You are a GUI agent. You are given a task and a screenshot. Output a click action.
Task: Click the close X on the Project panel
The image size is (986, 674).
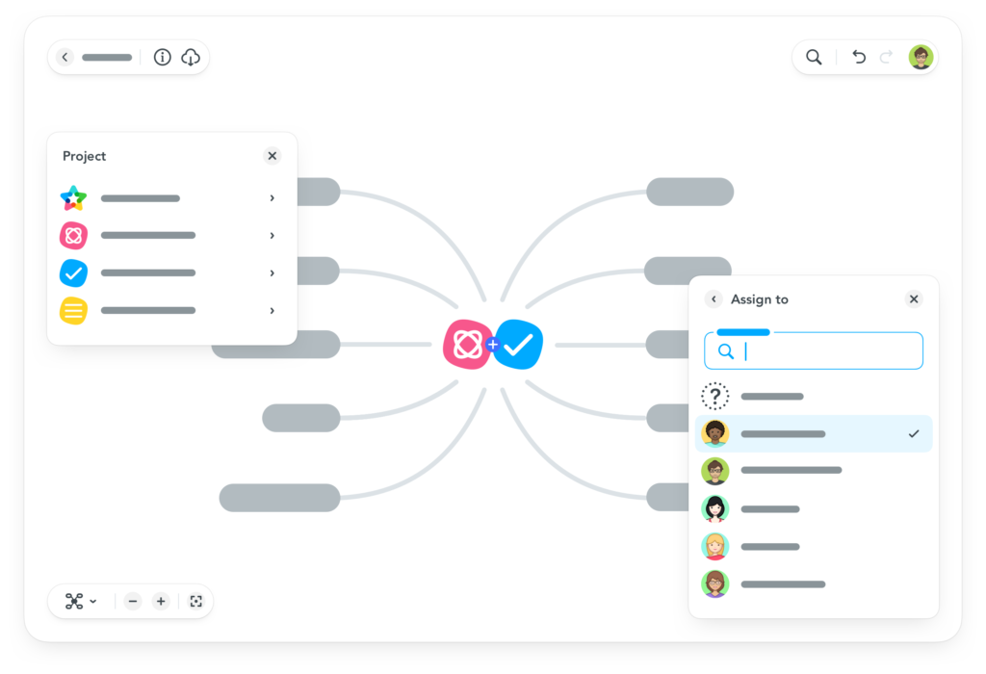(272, 155)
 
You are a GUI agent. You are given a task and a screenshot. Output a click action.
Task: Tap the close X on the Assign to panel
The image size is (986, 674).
(914, 298)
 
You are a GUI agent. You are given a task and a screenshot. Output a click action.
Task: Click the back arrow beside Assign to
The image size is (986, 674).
(714, 298)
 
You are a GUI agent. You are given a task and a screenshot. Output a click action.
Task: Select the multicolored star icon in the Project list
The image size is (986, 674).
(73, 198)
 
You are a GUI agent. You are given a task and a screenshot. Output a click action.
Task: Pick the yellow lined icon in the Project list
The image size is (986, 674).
(73, 311)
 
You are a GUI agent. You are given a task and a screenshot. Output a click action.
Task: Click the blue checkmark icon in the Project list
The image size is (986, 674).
(73, 272)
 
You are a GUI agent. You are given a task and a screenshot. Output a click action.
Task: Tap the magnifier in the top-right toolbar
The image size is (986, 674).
(814, 57)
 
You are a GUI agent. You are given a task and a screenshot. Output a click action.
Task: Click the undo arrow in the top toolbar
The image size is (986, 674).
(859, 57)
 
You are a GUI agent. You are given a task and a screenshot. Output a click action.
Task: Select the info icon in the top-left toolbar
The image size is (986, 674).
(162, 57)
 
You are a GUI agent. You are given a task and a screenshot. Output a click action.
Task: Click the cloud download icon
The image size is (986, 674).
(191, 57)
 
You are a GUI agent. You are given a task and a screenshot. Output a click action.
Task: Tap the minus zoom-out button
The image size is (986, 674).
(133, 601)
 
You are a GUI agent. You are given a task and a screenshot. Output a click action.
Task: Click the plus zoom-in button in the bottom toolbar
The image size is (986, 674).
(161, 601)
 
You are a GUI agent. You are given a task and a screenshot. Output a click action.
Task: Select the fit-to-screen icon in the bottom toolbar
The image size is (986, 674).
(196, 601)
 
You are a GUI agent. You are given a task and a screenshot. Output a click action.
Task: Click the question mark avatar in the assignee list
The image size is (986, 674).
(715, 396)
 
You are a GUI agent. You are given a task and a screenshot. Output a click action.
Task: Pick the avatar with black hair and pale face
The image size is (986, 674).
(715, 508)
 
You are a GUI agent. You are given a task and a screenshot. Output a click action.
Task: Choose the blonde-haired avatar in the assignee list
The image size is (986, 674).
(715, 546)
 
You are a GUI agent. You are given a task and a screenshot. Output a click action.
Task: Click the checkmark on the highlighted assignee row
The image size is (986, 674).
(914, 434)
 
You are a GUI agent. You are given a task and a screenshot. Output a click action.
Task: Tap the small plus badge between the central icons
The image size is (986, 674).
(492, 345)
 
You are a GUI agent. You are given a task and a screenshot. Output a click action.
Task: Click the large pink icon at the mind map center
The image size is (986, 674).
(468, 345)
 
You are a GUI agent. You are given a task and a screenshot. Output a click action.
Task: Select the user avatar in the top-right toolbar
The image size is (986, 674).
(921, 57)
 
